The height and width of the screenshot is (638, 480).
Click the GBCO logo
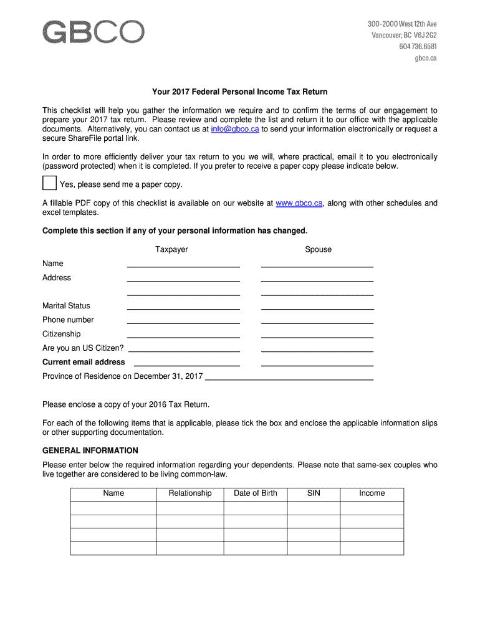pos(94,32)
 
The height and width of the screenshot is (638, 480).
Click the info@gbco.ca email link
pos(234,129)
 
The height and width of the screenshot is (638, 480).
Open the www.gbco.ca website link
pos(299,203)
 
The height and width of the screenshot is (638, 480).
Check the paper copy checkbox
pos(49,184)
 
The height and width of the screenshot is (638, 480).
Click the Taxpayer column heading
pos(171,250)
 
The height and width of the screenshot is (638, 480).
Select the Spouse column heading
pos(318,250)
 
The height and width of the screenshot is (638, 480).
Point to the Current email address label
pos(84,362)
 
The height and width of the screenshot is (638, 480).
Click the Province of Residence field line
pos(289,378)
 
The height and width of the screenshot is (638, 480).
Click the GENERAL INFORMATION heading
pos(90,450)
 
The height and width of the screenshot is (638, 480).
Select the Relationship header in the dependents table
pos(190,493)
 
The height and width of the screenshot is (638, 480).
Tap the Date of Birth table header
pos(256,493)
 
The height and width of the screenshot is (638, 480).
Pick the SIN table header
pos(314,493)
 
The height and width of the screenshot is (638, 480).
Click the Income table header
pos(372,493)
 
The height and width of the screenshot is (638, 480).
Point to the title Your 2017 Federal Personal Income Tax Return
pos(240,92)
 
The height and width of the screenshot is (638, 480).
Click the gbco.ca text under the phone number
pos(426,58)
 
